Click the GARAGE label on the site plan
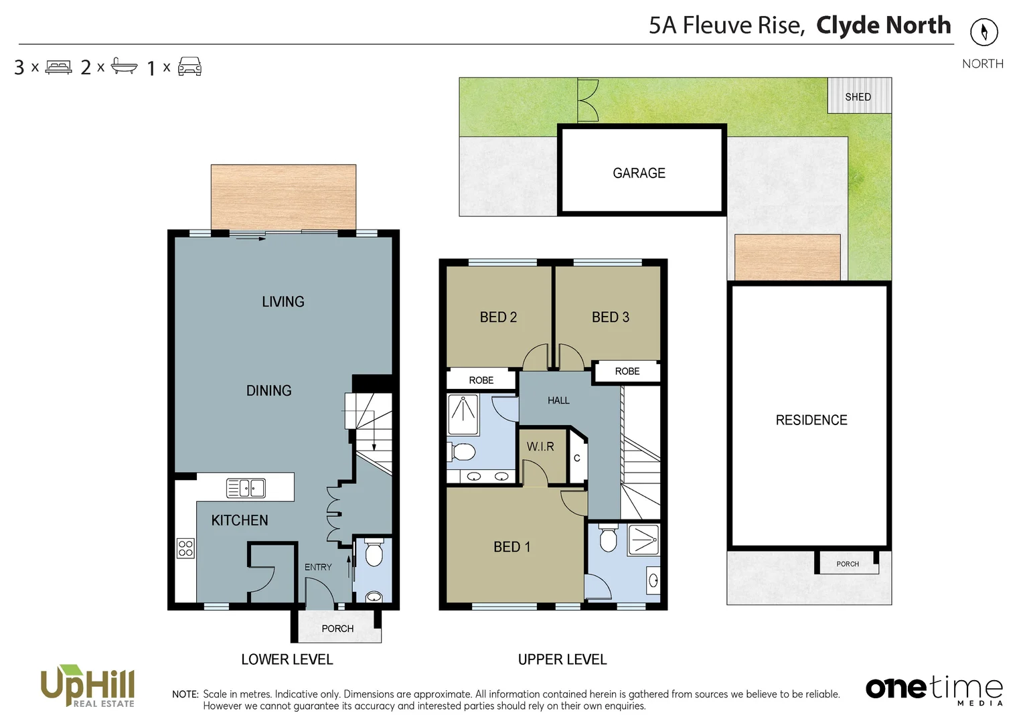639,173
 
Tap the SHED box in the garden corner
859,96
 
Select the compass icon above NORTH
983,31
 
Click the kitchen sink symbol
246,488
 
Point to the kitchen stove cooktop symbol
185,548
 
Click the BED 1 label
511,547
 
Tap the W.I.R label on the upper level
540,447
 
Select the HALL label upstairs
558,400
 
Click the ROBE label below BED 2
481,380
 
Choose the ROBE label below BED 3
627,371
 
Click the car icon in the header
189,66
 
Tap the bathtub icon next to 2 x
124,66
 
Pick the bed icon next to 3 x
58,67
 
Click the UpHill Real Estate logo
88,686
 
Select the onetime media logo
934,690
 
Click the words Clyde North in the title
883,25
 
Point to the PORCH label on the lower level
337,629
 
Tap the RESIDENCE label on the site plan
811,420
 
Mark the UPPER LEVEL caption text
562,659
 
